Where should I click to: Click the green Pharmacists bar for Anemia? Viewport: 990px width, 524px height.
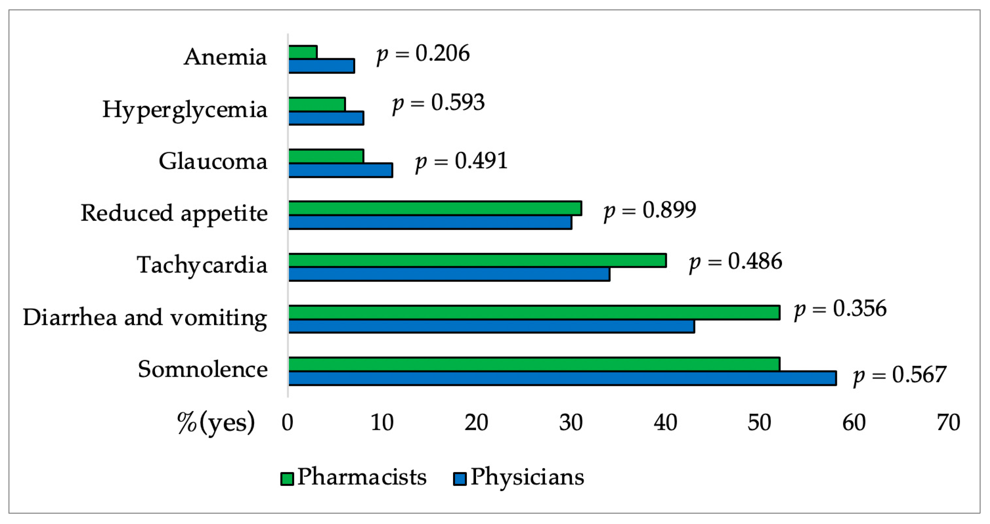click(x=303, y=52)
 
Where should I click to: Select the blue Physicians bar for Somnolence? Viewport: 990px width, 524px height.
click(x=562, y=378)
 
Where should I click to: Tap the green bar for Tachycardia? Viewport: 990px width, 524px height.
click(x=477, y=260)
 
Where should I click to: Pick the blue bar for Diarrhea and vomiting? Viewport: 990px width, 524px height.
click(x=491, y=326)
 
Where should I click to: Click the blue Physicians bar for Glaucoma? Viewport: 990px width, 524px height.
click(x=340, y=170)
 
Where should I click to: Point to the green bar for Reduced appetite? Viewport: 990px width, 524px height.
click(x=435, y=208)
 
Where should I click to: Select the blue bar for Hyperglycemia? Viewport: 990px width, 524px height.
click(x=326, y=118)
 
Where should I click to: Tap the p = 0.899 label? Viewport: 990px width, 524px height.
click(x=650, y=210)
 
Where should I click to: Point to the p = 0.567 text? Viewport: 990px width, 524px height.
click(x=899, y=375)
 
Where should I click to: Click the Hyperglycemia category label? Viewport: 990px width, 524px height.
click(x=185, y=110)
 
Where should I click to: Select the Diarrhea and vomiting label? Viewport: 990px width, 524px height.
click(x=145, y=318)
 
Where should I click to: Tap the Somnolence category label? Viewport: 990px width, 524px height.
click(x=202, y=369)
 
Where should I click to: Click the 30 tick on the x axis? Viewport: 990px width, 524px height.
click(x=571, y=423)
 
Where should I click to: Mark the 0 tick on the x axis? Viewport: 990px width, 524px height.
click(x=287, y=423)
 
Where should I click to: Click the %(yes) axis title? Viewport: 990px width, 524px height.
click(x=216, y=423)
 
